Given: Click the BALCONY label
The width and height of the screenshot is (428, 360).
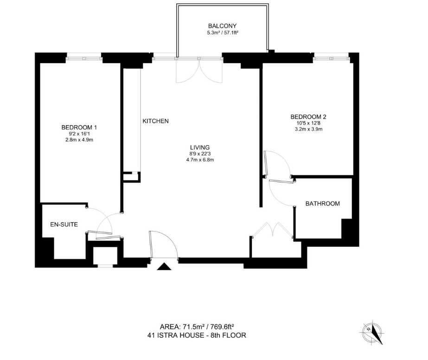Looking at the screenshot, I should (222, 26).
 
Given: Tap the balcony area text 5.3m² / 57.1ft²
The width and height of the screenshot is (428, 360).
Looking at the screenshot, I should (222, 33).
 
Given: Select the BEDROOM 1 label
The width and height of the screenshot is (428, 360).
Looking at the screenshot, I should (79, 127).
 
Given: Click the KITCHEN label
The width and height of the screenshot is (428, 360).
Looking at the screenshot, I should (155, 121).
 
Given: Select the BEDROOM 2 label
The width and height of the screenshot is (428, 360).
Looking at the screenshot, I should (305, 117).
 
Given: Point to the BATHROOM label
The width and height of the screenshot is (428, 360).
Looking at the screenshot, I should (322, 204).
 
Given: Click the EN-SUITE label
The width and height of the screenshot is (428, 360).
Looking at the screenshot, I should (64, 225).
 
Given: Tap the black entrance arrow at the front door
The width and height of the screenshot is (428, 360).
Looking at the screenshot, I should (164, 266).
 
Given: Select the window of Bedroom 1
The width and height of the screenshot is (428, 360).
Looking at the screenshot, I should (84, 58).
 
